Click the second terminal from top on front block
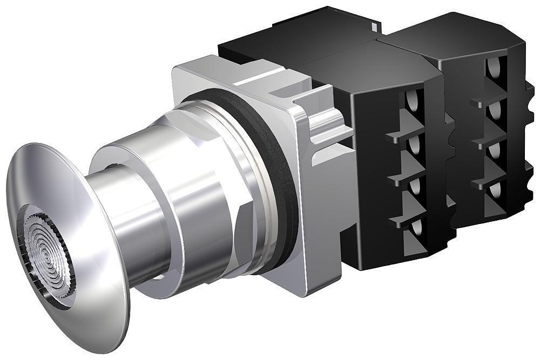(415, 144)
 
